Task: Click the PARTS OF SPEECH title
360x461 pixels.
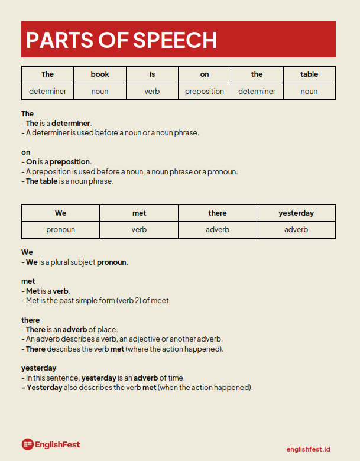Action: [x=121, y=40]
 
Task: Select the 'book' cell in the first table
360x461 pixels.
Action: [x=100, y=74]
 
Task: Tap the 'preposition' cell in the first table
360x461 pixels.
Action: [x=205, y=92]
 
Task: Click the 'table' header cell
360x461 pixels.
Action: [x=309, y=74]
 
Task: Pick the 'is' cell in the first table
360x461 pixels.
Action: [x=152, y=74]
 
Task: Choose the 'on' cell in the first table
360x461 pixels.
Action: [x=205, y=74]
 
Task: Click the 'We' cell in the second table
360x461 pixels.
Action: [x=60, y=213]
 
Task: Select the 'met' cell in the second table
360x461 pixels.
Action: [x=139, y=213]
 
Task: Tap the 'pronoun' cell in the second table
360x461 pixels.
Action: [x=60, y=230]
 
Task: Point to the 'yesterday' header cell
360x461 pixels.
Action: [x=296, y=213]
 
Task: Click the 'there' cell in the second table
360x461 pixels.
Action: [x=218, y=213]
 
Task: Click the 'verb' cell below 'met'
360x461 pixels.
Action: [x=139, y=230]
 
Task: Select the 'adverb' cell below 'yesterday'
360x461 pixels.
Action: [x=296, y=230]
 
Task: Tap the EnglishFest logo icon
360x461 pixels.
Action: [x=27, y=444]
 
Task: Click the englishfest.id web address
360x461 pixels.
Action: [x=308, y=449]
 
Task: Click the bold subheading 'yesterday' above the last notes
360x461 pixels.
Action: [x=39, y=368]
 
